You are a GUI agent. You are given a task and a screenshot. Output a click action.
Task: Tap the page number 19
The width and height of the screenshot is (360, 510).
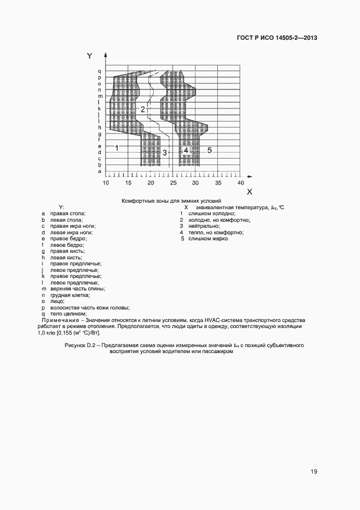click(x=314, y=471)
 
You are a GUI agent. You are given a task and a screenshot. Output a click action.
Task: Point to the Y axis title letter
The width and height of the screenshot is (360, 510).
click(x=90, y=56)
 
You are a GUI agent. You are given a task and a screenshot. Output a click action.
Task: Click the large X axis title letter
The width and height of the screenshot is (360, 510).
click(x=249, y=192)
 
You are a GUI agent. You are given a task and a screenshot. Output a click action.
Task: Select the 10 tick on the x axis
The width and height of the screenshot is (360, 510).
click(x=106, y=184)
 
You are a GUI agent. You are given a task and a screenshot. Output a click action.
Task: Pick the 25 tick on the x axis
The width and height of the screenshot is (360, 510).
click(x=173, y=184)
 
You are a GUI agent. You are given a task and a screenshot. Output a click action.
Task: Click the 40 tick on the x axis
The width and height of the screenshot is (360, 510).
click(x=240, y=184)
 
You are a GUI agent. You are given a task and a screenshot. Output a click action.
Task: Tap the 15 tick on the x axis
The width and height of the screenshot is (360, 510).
click(x=129, y=184)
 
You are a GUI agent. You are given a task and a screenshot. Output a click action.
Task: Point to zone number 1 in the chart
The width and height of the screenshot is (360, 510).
click(x=117, y=148)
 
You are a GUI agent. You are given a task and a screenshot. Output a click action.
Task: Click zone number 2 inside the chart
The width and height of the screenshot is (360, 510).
click(x=143, y=110)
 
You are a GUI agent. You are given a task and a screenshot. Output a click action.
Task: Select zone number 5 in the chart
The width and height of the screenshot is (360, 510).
click(x=209, y=149)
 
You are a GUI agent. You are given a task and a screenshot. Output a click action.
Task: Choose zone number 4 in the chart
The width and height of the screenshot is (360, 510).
click(x=186, y=150)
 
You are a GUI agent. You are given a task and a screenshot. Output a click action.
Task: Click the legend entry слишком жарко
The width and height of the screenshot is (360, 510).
click(x=209, y=239)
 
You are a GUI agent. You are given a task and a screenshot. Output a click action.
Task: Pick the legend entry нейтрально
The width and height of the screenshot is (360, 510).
click(x=205, y=226)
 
